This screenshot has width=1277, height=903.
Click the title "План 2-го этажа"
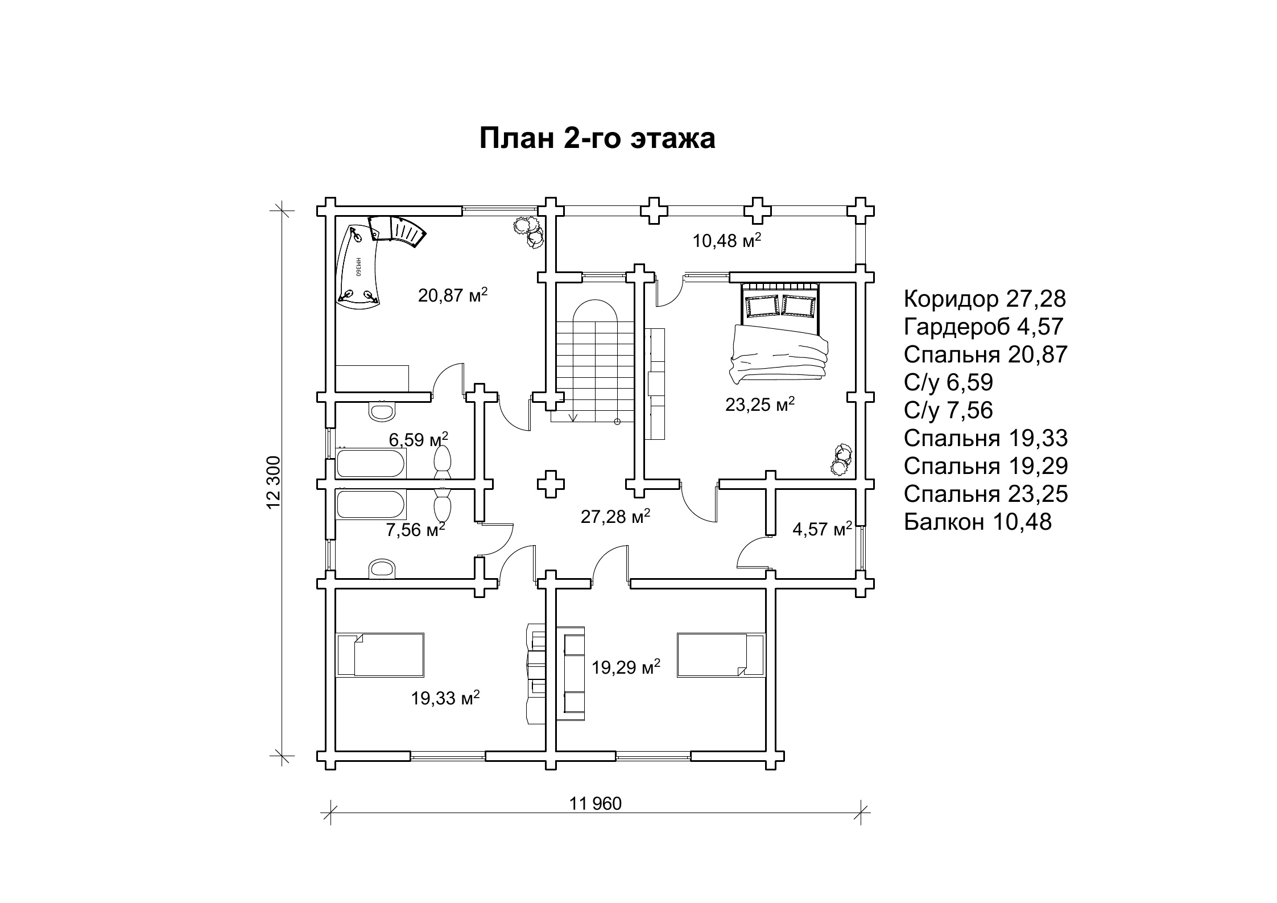coord(597,139)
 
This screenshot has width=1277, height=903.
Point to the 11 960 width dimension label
coord(596,803)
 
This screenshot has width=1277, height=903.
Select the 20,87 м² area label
coord(453,295)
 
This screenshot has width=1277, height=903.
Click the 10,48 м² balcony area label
coord(727,240)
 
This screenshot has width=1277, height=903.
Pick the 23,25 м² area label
coord(760,404)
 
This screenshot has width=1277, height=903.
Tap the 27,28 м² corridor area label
coord(615,516)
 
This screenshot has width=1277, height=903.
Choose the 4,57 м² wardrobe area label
coord(823,529)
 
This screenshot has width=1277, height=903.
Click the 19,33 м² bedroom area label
coord(446,698)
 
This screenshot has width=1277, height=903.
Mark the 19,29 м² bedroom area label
coord(626,666)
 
